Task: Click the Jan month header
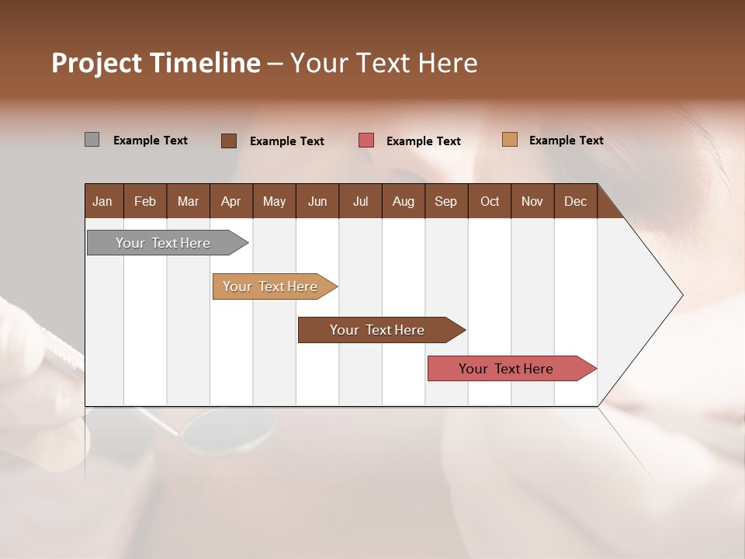[x=102, y=201]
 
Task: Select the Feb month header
[x=145, y=201]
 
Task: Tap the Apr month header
[x=230, y=201]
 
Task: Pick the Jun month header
[x=317, y=201]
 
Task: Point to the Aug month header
[x=403, y=201]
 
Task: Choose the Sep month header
[x=445, y=201]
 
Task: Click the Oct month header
[x=490, y=201]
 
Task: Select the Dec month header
[x=575, y=201]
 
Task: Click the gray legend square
[x=92, y=140]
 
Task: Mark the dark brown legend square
[x=229, y=141]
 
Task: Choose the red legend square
[x=366, y=141]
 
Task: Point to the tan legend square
[x=510, y=140]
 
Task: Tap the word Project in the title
[x=95, y=63]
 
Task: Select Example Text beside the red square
[x=423, y=141]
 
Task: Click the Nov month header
[x=532, y=201]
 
